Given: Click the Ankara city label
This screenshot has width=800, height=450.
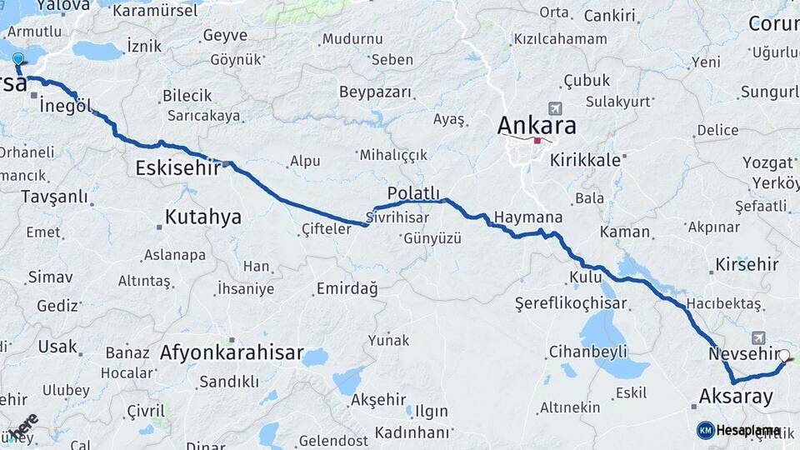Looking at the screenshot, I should click(x=537, y=126).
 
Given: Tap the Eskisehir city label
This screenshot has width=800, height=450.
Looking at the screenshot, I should click(x=177, y=168).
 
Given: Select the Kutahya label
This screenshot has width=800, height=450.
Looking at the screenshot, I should click(x=202, y=217).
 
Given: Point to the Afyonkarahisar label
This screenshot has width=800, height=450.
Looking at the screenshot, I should click(x=232, y=352).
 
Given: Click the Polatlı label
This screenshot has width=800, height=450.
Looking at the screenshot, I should click(x=413, y=193).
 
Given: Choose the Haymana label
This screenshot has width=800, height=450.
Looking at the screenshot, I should click(x=527, y=217).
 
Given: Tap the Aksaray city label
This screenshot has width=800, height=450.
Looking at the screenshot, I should click(x=737, y=397).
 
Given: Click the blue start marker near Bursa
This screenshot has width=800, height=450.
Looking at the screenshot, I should click(x=17, y=59).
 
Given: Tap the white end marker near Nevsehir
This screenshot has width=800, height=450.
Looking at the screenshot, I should click(x=783, y=356).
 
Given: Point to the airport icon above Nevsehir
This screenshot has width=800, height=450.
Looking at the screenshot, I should click(x=758, y=337).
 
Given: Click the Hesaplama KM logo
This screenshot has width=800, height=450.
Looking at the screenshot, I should click(x=738, y=430).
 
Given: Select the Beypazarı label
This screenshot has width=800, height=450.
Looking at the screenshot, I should click(x=376, y=91).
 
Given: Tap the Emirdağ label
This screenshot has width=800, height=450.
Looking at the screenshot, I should click(x=347, y=289).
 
